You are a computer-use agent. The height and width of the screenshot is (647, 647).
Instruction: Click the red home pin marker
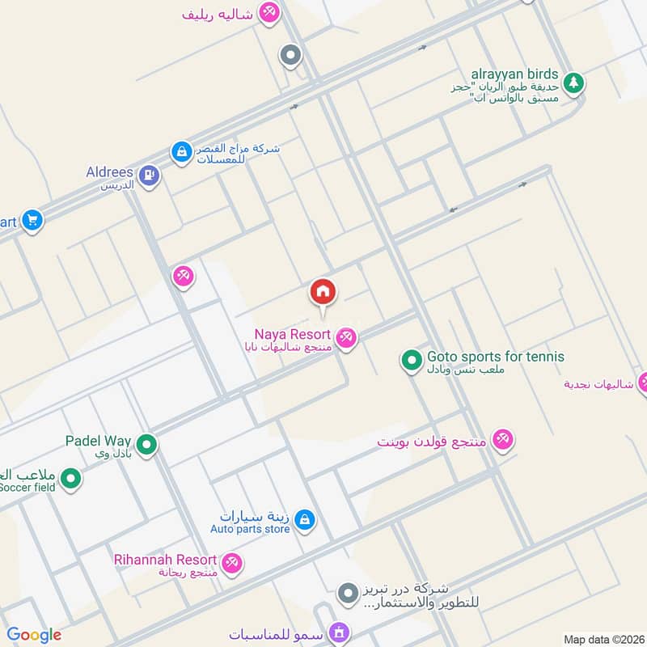point(323,293)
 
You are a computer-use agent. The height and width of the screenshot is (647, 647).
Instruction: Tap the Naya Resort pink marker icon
point(346,337)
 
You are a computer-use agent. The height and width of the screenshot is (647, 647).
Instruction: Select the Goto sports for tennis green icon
point(412,359)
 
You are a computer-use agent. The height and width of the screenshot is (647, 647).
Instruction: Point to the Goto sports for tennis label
point(496,357)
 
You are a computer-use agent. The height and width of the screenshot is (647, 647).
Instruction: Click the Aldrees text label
point(109,172)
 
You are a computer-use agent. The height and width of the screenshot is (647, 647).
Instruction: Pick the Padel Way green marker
point(146,444)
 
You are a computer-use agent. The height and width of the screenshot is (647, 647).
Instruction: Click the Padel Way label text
point(98,441)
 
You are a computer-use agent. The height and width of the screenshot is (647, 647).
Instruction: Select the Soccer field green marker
point(71,480)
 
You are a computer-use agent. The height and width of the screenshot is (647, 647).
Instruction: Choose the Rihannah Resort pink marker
point(232,562)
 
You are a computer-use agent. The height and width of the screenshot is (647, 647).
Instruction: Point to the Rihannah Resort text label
point(165,560)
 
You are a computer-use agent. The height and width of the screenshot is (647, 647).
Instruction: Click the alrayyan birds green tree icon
point(573,82)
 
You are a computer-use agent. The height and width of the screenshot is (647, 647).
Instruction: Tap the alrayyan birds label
point(515,74)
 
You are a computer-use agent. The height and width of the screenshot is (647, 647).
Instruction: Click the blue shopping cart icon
point(32,220)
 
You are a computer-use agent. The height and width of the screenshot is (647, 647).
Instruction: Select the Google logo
point(34,635)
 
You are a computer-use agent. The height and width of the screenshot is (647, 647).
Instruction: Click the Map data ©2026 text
point(603,640)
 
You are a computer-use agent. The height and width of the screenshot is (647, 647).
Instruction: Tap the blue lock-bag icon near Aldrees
point(180,151)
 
